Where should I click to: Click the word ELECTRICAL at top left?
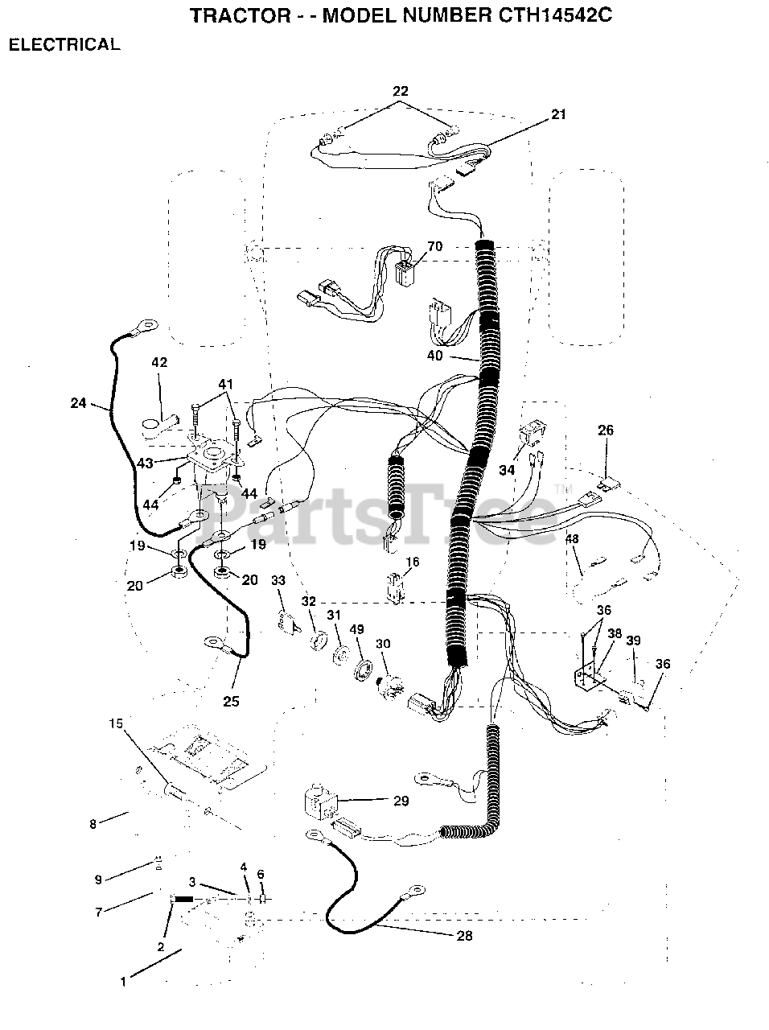pos(64,45)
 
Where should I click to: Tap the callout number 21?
pos(558,114)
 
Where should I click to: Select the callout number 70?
pos(434,246)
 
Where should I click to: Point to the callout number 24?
pos(78,403)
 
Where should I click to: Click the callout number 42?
pos(159,363)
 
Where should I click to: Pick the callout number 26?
pos(605,431)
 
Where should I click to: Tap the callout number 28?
pos(464,935)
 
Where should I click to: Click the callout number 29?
pos(401,801)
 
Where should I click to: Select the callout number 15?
pos(117,723)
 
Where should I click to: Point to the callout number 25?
pos(231,701)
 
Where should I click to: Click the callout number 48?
pos(572,539)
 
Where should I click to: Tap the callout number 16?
pos(412,562)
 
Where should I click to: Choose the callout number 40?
pos(434,356)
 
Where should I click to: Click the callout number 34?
pos(506,470)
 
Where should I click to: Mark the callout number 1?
pos(123,981)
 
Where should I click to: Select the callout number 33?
pos(278,580)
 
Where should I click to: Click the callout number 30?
pos(383,644)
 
